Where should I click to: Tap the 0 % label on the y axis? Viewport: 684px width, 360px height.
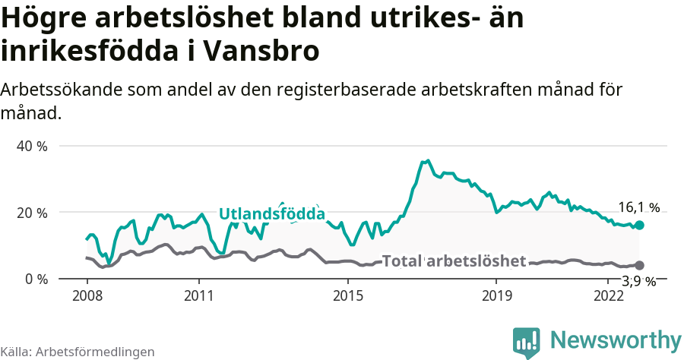click(x=36, y=279)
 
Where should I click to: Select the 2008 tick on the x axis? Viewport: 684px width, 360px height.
click(x=87, y=295)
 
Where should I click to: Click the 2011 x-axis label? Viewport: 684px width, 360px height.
click(x=198, y=295)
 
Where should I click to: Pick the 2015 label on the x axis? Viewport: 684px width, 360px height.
click(x=347, y=295)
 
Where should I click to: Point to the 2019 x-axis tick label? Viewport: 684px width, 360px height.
click(x=496, y=295)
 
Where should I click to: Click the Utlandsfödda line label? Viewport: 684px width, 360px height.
click(x=272, y=214)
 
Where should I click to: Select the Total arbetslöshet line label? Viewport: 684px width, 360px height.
click(x=454, y=261)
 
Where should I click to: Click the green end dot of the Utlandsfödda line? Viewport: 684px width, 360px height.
click(x=640, y=225)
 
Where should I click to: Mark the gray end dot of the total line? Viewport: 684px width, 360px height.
click(x=640, y=265)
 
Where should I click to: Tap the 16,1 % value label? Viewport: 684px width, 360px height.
click(x=638, y=207)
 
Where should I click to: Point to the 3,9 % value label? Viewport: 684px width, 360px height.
click(x=638, y=281)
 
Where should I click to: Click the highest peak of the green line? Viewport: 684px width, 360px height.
click(x=429, y=160)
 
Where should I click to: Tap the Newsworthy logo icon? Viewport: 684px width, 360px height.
click(x=526, y=343)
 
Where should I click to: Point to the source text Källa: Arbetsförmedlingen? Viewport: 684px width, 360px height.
click(x=78, y=352)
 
